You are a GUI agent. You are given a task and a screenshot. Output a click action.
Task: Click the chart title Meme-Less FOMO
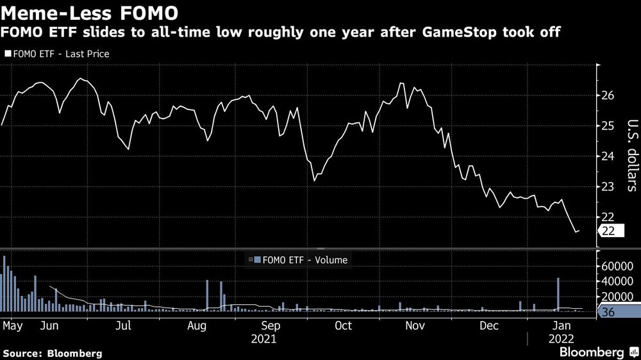click(x=90, y=12)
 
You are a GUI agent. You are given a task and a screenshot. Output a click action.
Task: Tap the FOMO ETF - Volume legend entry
click(x=301, y=260)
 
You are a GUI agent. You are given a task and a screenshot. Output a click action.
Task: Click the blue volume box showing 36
click(x=610, y=312)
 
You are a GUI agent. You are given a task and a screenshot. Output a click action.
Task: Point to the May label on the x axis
click(x=12, y=325)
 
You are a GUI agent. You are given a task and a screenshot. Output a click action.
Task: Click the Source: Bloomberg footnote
click(x=53, y=353)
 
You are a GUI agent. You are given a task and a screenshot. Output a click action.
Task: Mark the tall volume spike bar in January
click(x=558, y=295)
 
